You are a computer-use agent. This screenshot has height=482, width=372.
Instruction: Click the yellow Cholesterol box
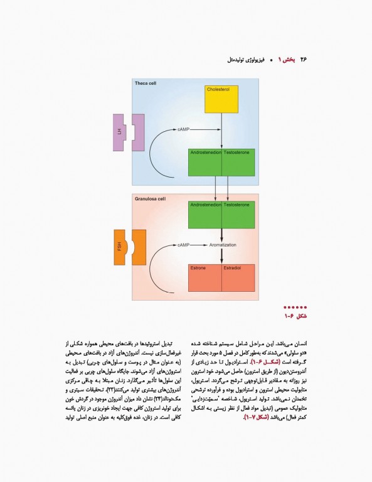tap(221, 99)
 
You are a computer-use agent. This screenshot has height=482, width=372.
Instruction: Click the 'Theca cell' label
tap(146, 83)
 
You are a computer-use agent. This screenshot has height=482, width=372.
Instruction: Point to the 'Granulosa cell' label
tap(151, 198)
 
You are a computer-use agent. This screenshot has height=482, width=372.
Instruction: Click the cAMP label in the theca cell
tap(183, 129)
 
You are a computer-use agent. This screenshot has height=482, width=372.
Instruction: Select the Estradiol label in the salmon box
tap(232, 268)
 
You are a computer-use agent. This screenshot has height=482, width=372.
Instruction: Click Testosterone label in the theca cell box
tap(237, 153)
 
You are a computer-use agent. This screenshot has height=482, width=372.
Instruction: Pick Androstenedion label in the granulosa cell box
tap(205, 205)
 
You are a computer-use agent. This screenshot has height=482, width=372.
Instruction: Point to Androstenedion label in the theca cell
tap(205, 153)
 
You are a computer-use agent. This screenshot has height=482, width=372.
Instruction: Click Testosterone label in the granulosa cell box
tap(237, 205)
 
